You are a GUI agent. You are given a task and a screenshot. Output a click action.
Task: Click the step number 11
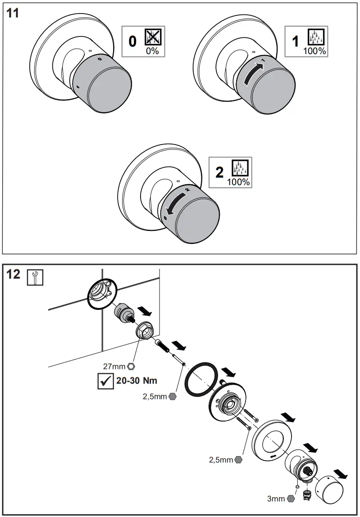click(x=12, y=13)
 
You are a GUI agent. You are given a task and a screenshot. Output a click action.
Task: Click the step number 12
click(x=14, y=274)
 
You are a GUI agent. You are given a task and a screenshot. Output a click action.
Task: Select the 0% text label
click(x=152, y=50)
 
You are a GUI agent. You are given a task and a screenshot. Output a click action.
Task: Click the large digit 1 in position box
click(x=295, y=42)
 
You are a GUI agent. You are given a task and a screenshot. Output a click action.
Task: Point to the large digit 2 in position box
click(x=219, y=172)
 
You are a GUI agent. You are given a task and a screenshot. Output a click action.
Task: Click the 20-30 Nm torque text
click(x=137, y=380)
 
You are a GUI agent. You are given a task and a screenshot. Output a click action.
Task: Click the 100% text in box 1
click(x=314, y=51)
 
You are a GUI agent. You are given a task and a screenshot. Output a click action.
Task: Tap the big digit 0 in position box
click(x=132, y=42)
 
